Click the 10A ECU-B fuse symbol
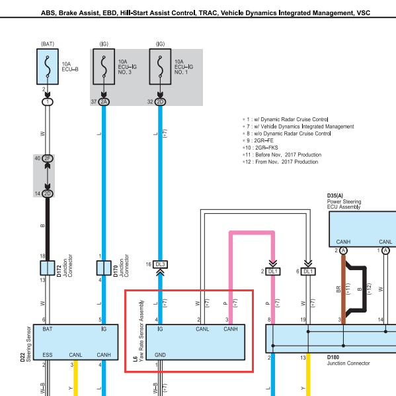[x=48, y=66]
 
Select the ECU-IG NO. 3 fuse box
[x=104, y=66]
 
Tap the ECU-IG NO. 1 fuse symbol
[x=160, y=66]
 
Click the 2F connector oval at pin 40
[x=48, y=158]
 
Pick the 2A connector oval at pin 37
[x=104, y=102]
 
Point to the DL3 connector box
[x=161, y=264]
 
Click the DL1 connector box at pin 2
[x=273, y=272]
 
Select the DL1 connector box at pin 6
[x=308, y=272]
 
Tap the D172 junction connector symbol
[x=48, y=268]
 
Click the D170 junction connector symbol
[x=104, y=268]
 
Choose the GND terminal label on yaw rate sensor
[x=160, y=355]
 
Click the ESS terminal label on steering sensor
[x=48, y=355]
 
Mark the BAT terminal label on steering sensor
[x=48, y=329]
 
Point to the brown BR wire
[x=344, y=289]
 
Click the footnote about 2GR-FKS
[x=260, y=148]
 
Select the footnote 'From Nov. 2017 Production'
[x=280, y=162]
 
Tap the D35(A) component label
[x=335, y=195]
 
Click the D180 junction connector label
[x=333, y=358]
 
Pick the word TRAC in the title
[x=208, y=13]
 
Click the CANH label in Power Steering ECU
[x=343, y=242]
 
